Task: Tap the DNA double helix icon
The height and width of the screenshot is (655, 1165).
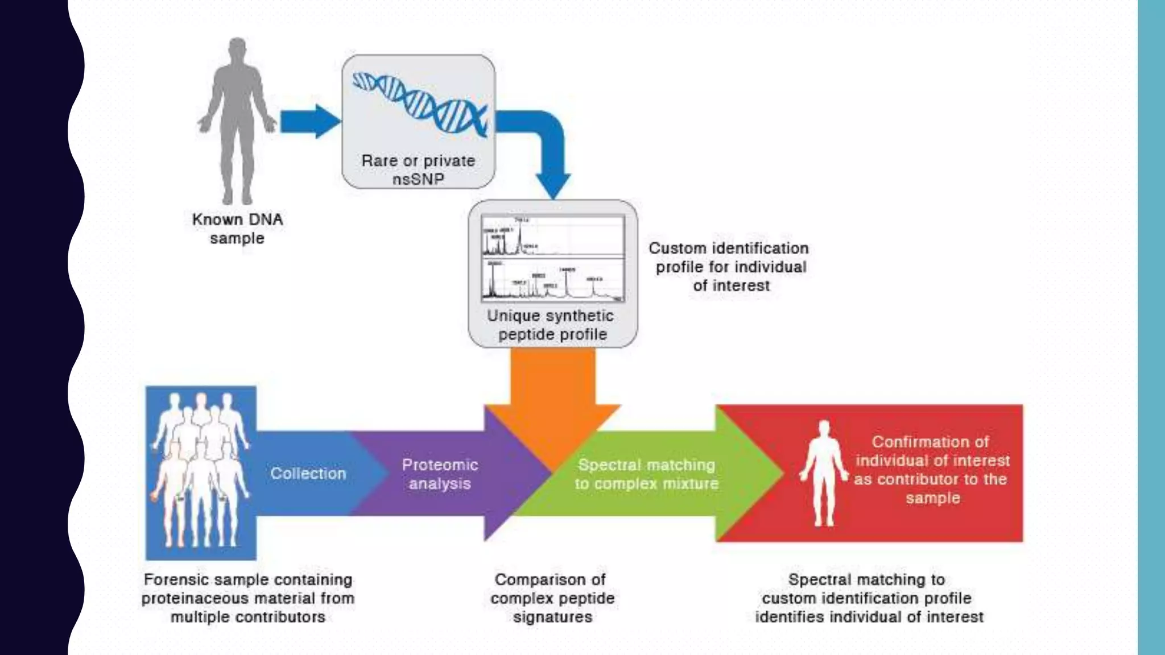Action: [420, 103]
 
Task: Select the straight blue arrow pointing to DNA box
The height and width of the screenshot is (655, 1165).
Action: [309, 121]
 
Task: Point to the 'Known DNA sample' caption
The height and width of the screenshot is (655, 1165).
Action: [237, 229]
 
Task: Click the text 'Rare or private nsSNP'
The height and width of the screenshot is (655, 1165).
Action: [418, 169]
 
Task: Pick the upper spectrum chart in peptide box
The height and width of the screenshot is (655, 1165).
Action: [552, 236]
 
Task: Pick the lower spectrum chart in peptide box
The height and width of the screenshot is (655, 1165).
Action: [552, 279]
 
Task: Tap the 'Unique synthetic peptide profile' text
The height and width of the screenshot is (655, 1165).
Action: [551, 325]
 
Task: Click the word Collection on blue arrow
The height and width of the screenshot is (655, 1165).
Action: [308, 474]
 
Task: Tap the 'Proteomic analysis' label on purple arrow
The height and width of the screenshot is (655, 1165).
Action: [440, 474]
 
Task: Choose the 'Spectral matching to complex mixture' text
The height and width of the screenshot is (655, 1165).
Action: [646, 474]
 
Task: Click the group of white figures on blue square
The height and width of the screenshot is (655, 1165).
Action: [200, 472]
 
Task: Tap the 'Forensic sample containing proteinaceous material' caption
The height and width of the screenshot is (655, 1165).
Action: [247, 598]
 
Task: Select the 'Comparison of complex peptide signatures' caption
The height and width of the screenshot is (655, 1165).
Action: [552, 598]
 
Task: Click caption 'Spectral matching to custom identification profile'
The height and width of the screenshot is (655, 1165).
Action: [868, 598]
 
